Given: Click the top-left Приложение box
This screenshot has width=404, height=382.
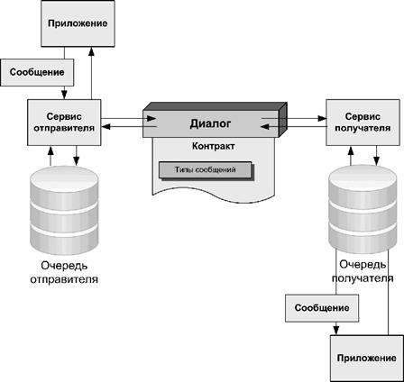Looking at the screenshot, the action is pyautogui.click(x=78, y=23).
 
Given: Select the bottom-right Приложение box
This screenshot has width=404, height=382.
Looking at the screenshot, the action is pyautogui.click(x=367, y=359).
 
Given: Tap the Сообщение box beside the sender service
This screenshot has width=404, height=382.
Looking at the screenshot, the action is pyautogui.click(x=37, y=72).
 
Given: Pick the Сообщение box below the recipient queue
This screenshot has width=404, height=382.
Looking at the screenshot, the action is pyautogui.click(x=322, y=308).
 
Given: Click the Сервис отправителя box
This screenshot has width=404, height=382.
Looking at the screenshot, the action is pyautogui.click(x=64, y=123).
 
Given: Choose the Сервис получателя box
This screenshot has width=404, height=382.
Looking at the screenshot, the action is pyautogui.click(x=363, y=123).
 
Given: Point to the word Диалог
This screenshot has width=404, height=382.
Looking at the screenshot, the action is pyautogui.click(x=210, y=123).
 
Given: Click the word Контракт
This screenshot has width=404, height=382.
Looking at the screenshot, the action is pyautogui.click(x=214, y=146).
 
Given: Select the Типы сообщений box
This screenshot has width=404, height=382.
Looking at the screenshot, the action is pyautogui.click(x=206, y=170).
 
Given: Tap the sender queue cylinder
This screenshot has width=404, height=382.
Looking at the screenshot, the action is pyautogui.click(x=64, y=210).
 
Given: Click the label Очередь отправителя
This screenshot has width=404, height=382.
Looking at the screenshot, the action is pyautogui.click(x=64, y=272).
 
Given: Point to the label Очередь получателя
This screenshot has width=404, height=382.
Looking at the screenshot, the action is pyautogui.click(x=363, y=271).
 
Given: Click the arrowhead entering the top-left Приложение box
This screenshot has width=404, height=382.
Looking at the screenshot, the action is pyautogui.click(x=92, y=51).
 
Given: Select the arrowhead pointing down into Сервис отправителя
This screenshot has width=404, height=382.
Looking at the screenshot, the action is pyautogui.click(x=64, y=95).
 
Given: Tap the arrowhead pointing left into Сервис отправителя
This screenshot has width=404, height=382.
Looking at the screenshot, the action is pyautogui.click(x=106, y=127).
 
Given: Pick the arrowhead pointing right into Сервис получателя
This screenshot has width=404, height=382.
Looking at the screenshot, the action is pyautogui.click(x=322, y=118).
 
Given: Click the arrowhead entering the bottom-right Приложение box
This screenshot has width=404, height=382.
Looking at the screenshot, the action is pyautogui.click(x=336, y=331).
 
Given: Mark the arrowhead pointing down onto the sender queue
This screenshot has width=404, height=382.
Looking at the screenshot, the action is pyautogui.click(x=77, y=161).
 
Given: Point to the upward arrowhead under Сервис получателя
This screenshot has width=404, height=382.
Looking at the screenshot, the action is pyautogui.click(x=351, y=150).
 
